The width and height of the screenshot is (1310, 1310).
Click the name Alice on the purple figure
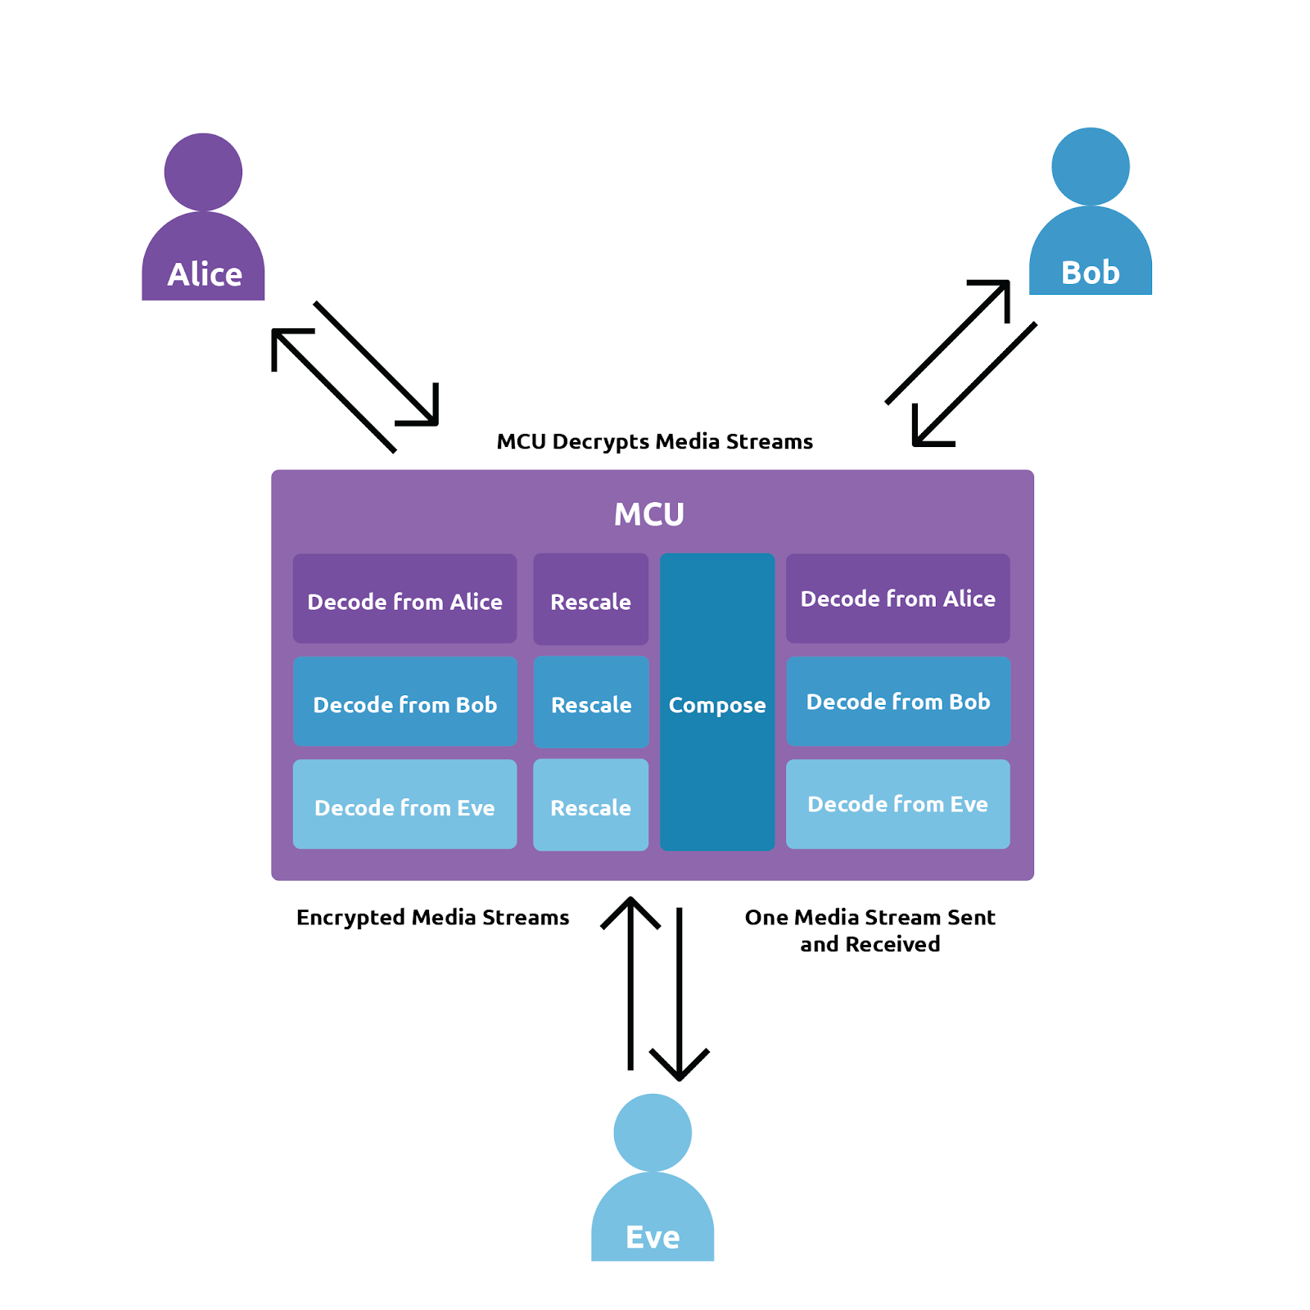pyautogui.click(x=205, y=274)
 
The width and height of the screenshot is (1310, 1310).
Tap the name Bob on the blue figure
pyautogui.click(x=1090, y=273)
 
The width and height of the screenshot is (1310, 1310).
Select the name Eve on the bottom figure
pyautogui.click(x=653, y=1237)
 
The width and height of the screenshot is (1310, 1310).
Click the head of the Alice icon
pyautogui.click(x=203, y=172)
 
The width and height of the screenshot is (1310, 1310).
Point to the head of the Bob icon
pyautogui.click(x=1090, y=166)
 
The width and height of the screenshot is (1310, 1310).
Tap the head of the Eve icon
pyautogui.click(x=653, y=1132)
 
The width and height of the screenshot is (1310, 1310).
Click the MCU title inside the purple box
pyautogui.click(x=649, y=514)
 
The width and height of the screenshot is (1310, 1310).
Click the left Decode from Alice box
pyautogui.click(x=404, y=599)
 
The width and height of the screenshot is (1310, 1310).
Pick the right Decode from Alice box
pyautogui.click(x=897, y=598)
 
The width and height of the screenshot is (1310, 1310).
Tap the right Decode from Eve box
pyautogui.click(x=897, y=804)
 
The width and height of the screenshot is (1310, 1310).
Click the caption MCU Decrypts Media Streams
pyautogui.click(x=654, y=441)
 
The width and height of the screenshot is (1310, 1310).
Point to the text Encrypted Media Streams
pyautogui.click(x=432, y=917)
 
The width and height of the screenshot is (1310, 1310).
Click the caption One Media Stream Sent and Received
pyautogui.click(x=870, y=930)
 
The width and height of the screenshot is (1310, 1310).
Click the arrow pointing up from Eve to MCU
pyautogui.click(x=630, y=982)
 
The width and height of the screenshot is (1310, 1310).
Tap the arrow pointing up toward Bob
pyautogui.click(x=948, y=342)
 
